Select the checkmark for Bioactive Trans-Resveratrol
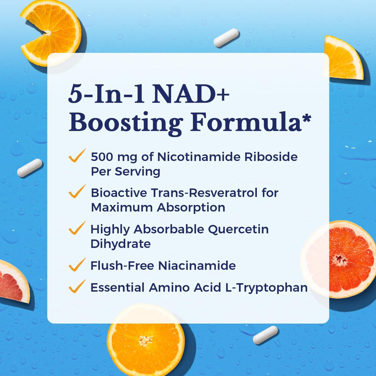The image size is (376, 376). pyautogui.click(x=77, y=193)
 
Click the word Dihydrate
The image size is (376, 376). pyautogui.click(x=120, y=244)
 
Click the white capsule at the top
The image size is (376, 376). pyautogui.click(x=226, y=38)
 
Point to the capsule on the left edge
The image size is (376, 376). pyautogui.click(x=30, y=168)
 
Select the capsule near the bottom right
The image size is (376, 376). pyautogui.click(x=265, y=335)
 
